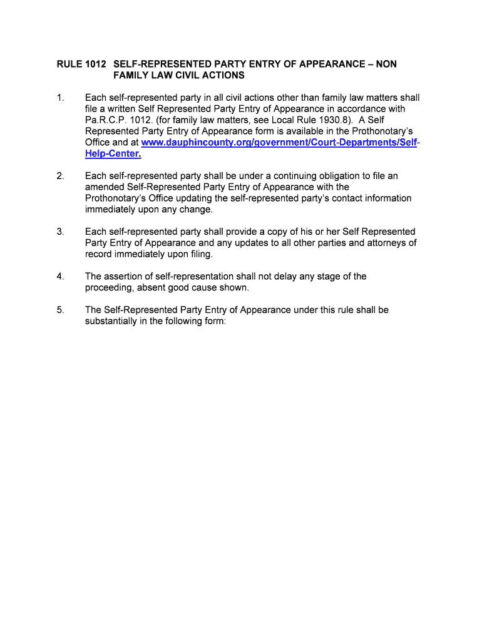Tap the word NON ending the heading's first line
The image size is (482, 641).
[386, 64]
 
